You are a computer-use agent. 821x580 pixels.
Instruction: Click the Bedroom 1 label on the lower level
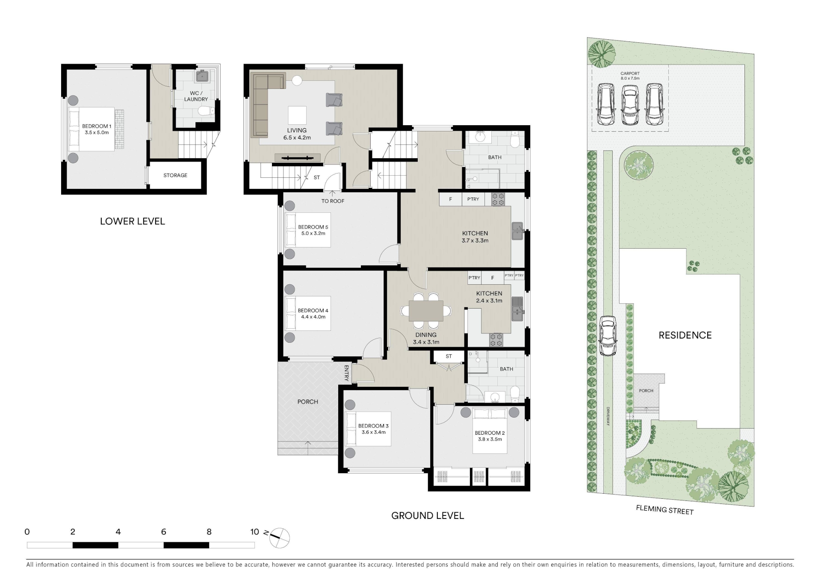click(x=97, y=129)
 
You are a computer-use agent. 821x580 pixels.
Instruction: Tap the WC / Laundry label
click(x=196, y=96)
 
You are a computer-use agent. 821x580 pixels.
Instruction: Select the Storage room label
click(x=175, y=175)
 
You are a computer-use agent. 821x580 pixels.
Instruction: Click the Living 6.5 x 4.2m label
click(x=297, y=134)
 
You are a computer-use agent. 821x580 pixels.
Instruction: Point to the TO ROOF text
click(x=333, y=201)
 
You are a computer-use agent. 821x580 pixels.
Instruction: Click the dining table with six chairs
click(x=426, y=311)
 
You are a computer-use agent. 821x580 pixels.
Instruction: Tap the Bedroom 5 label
click(x=313, y=230)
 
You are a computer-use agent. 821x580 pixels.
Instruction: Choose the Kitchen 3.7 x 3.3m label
click(x=475, y=237)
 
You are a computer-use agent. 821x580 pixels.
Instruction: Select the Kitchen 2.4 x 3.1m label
click(x=489, y=297)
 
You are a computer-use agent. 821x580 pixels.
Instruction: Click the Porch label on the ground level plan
click(x=308, y=402)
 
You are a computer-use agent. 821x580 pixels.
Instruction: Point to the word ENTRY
click(x=346, y=373)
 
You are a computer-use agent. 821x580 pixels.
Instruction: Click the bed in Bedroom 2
click(x=490, y=430)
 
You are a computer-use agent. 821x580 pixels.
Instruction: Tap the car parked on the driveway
click(x=608, y=336)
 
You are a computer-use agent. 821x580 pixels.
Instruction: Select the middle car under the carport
click(x=630, y=105)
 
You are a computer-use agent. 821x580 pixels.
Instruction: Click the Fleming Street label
click(x=664, y=509)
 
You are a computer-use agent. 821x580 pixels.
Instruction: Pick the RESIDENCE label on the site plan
click(x=685, y=336)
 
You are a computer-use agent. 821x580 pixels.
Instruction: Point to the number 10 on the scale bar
click(x=255, y=532)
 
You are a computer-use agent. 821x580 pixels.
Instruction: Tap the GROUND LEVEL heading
click(x=428, y=515)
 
